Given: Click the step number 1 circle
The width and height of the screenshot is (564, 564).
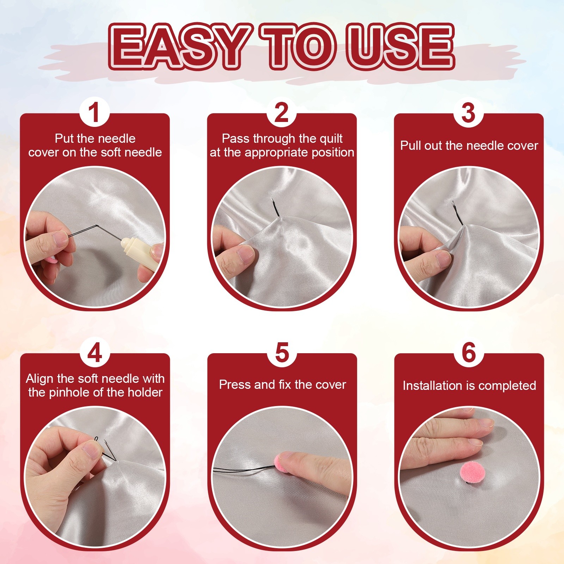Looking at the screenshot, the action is click(94, 112).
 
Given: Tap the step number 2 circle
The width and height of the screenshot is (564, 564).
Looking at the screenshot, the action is click(282, 112).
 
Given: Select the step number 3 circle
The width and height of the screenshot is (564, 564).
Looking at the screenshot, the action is click(468, 112).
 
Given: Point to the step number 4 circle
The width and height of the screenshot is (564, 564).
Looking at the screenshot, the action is click(94, 352).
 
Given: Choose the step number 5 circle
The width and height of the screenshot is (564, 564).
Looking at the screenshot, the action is click(282, 352).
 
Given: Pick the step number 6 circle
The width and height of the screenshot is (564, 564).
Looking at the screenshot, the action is click(468, 352).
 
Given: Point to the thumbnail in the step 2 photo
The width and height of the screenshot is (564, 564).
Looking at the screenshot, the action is click(246, 253).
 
